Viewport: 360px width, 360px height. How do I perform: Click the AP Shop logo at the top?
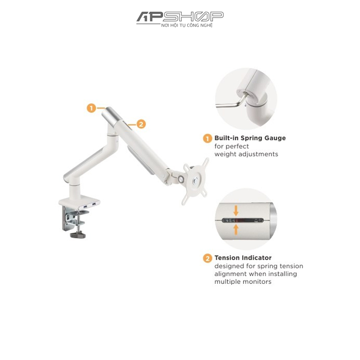pos(180,19)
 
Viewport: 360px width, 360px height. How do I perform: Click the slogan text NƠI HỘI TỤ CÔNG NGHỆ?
pos(187,26)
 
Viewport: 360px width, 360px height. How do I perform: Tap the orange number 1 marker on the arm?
pos(91,108)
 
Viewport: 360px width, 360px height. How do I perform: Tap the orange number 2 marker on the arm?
pos(141,124)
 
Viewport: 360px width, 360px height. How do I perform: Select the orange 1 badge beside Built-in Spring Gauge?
pos(207,139)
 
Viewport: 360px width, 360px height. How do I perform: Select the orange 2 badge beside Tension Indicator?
pos(207,258)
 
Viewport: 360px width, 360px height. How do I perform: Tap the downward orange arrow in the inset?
pos(236,211)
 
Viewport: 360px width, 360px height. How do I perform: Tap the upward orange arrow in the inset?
pos(236,229)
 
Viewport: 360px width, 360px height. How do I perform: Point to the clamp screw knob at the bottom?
pos(78,235)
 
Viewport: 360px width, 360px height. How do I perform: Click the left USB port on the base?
pos(85,207)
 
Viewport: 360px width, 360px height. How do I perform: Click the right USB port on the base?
pos(94,204)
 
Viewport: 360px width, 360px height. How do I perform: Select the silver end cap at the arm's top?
pos(112,115)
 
